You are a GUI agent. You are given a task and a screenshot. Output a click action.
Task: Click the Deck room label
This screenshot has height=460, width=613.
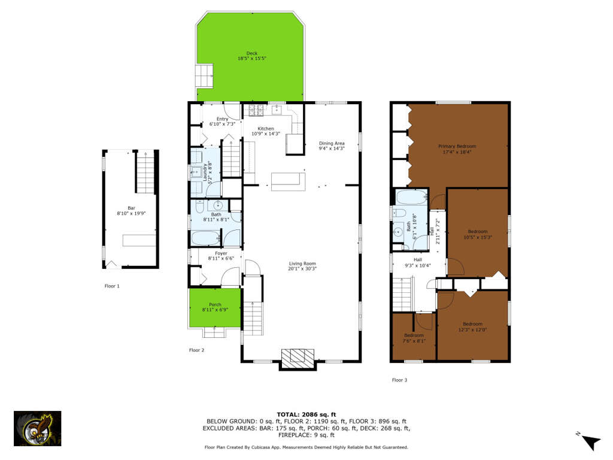pos(252,56)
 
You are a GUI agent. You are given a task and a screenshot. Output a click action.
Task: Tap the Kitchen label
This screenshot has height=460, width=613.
pos(266,131)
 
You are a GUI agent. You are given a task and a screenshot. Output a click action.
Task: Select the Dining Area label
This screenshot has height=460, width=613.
pos(332,146)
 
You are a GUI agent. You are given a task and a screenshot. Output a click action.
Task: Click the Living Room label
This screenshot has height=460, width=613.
pos(302,266)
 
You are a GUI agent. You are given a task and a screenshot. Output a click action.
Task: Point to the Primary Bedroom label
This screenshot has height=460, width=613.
pos(457,149)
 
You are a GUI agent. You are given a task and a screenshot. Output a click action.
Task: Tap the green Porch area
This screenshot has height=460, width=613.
pos(215,307)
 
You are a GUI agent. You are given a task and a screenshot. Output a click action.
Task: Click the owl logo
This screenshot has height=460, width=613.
pos(38,428)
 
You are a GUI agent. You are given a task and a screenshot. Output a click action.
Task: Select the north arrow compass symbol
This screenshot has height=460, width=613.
pos(590,441)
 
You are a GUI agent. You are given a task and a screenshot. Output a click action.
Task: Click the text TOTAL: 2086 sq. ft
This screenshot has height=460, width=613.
pos(306,414)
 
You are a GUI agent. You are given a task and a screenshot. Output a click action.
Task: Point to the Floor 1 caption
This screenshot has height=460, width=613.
pos(112,286)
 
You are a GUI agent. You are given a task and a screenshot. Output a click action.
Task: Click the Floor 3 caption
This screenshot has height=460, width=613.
pos(399,380)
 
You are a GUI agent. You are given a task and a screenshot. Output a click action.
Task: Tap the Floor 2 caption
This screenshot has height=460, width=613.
pos(196,350)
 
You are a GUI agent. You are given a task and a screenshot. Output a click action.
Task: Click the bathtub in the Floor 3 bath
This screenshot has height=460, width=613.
pos(411,197)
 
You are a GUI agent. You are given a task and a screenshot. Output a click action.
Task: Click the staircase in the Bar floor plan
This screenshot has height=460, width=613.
pos(146,172)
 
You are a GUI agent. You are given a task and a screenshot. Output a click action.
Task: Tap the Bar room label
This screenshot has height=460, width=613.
pos(131,211)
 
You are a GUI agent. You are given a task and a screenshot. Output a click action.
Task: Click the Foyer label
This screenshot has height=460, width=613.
pos(221,256)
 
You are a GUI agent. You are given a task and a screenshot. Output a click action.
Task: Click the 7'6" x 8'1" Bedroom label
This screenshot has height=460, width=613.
pos(414,338)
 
